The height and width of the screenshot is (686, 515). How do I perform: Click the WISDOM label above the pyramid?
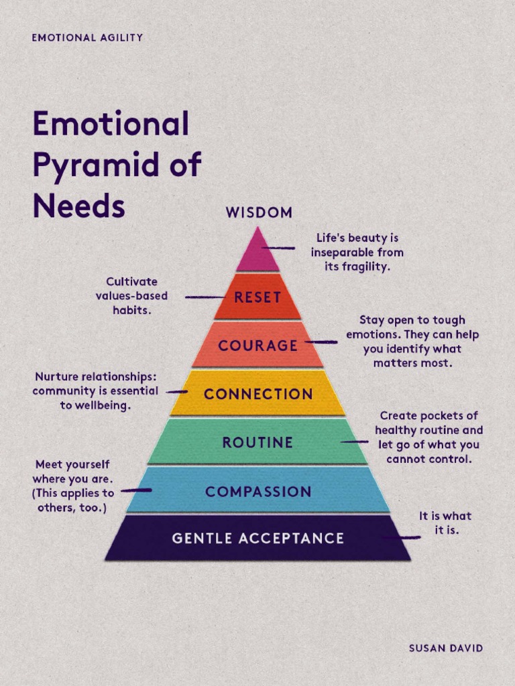[259, 213]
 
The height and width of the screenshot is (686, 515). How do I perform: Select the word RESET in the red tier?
[257, 297]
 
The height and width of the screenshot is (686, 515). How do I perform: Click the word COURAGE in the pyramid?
[258, 346]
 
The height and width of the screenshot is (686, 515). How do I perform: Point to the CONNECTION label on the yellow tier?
[258, 394]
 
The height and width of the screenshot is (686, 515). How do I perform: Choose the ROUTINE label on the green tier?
[257, 442]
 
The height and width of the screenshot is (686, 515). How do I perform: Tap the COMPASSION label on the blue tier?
[258, 492]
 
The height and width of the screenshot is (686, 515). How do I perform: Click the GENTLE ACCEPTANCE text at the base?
[257, 538]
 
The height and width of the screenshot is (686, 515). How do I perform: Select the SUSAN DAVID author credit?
[446, 648]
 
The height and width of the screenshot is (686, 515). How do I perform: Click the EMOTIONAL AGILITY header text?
[87, 38]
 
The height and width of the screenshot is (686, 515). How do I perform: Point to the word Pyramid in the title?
[97, 165]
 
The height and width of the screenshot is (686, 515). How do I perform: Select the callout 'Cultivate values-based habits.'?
[131, 295]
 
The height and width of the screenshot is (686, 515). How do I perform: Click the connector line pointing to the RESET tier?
[205, 297]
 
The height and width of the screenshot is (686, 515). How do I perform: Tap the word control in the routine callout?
[453, 460]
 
